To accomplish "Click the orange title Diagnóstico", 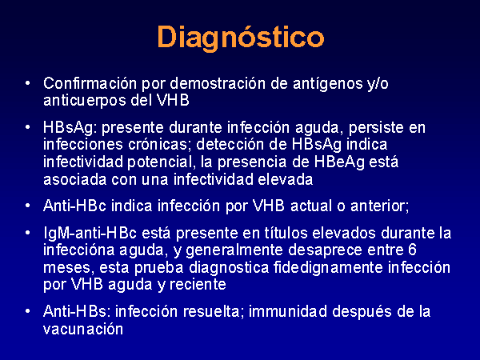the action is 241,38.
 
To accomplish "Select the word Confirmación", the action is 90,83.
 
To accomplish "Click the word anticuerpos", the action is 85,101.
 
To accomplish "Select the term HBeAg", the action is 339,162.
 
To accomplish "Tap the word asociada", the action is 75,179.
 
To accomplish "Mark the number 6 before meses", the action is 412,250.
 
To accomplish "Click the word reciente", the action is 198,285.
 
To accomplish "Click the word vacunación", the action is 83,330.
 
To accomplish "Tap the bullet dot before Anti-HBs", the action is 28,311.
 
